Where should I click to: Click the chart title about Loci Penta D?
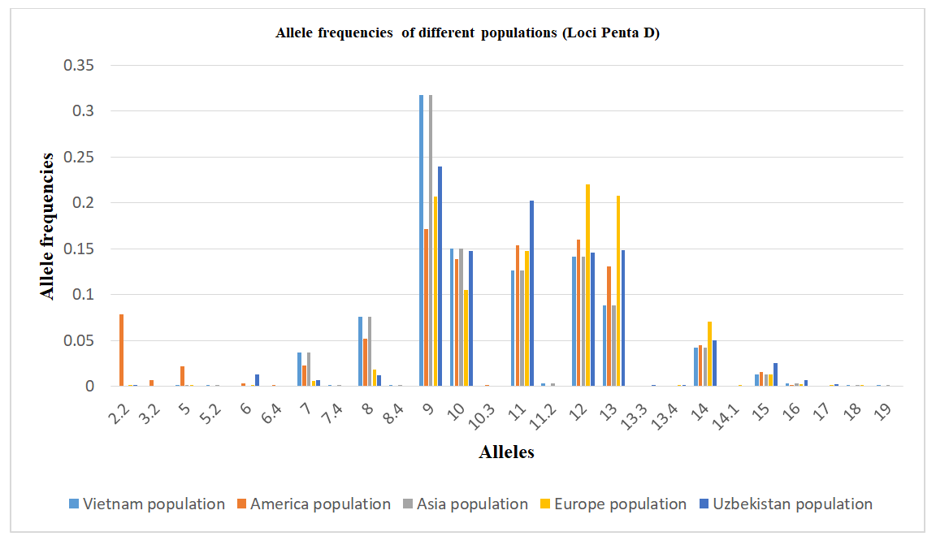tap(467, 33)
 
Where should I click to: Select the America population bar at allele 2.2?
tap(122, 350)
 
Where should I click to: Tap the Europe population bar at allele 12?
tap(587, 285)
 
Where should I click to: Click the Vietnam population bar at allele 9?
tap(422, 240)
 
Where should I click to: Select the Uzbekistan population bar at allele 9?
tap(440, 276)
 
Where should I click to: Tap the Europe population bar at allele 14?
tap(709, 354)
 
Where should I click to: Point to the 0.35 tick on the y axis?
tap(80, 65)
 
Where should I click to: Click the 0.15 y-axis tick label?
tap(80, 249)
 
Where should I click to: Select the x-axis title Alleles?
tap(506, 452)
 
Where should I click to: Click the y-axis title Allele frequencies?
tap(50, 226)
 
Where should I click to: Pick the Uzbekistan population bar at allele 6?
tap(258, 380)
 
